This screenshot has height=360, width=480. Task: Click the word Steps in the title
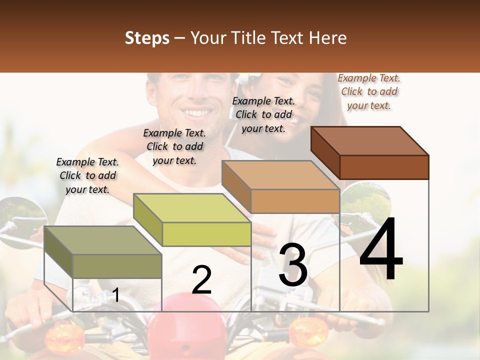(x=147, y=38)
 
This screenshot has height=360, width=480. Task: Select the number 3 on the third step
(x=292, y=265)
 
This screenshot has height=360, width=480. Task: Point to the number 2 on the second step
(x=201, y=279)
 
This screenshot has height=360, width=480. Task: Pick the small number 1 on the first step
(x=115, y=295)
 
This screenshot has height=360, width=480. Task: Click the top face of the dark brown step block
(x=370, y=140)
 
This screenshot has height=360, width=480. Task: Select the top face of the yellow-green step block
(x=192, y=208)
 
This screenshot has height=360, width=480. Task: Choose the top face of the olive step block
(x=103, y=240)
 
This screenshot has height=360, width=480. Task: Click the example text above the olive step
(x=87, y=175)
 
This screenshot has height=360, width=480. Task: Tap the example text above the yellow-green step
(x=174, y=146)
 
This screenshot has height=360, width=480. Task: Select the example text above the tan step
(x=263, y=114)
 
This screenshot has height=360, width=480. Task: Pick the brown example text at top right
(x=369, y=91)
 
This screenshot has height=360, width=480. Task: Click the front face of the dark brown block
(x=384, y=167)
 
